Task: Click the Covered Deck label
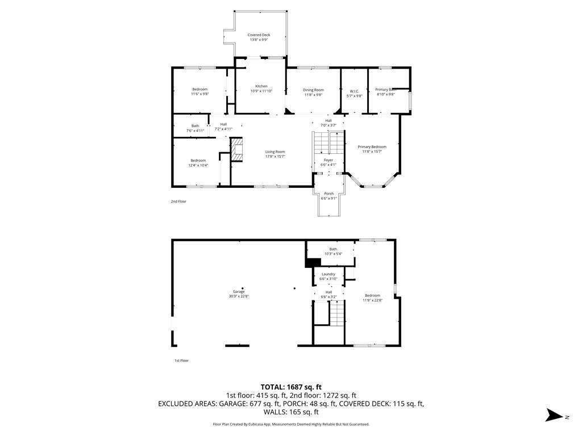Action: pos(259,35)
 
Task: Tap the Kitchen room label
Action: pos(261,86)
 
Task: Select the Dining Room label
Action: pos(313,90)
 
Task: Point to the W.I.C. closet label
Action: pos(354,91)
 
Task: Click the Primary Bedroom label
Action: pos(372,146)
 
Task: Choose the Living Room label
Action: pos(275,152)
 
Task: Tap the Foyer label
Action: pos(329,160)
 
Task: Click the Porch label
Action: pos(329,194)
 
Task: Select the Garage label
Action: pos(238,292)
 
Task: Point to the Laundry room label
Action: pos(329,274)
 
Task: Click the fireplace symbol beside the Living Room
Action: pos(236,149)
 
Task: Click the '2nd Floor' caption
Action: pos(178,202)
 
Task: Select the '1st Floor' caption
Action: pos(181,360)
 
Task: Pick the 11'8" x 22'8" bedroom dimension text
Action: pos(372,300)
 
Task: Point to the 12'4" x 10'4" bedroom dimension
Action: pos(198,166)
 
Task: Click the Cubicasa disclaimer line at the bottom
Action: pos(290,424)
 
